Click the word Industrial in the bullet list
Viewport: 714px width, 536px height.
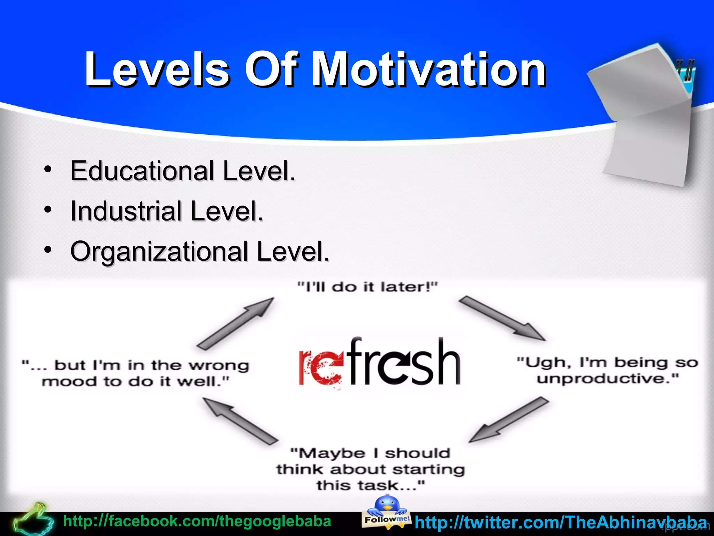click(x=126, y=211)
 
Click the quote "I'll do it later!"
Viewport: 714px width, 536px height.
click(x=367, y=287)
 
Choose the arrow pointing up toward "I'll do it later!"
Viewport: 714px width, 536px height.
click(x=236, y=323)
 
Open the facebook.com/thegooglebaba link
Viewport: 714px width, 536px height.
click(x=197, y=521)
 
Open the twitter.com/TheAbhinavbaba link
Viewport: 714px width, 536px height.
click(x=561, y=523)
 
